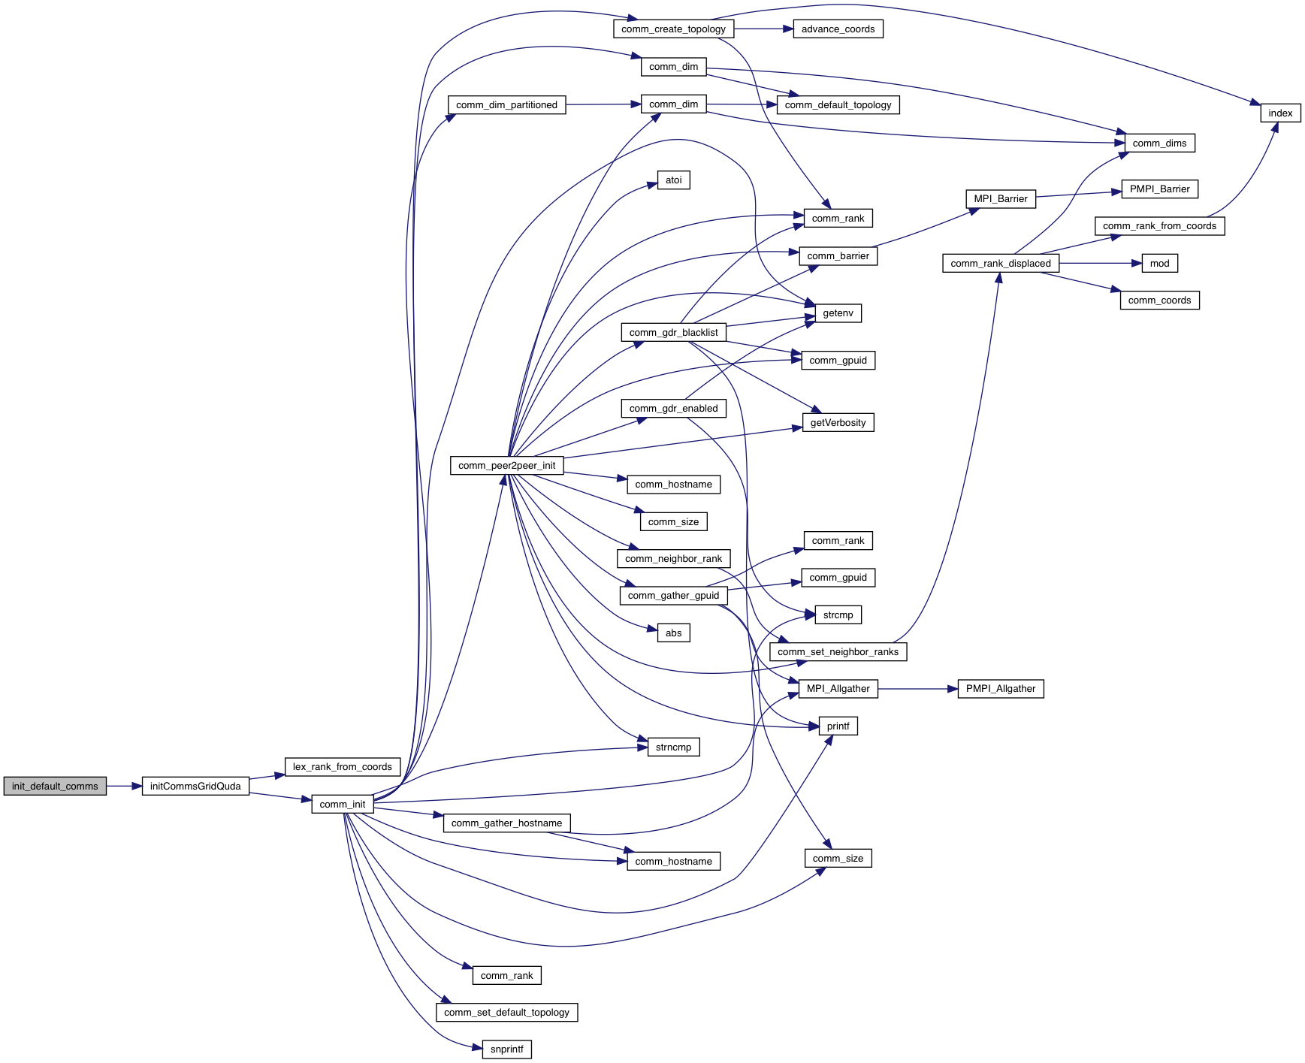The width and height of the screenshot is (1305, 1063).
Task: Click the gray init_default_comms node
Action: coord(55,786)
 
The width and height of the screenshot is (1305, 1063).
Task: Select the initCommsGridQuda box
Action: coord(195,786)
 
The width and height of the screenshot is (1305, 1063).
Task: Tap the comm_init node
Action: coord(342,804)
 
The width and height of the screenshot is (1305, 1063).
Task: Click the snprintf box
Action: coord(506,1049)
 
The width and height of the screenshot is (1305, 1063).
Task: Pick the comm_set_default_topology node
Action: coord(506,1012)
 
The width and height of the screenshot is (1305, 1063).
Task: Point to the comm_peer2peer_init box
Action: coord(506,465)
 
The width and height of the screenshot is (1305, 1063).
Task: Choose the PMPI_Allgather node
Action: coord(1000,688)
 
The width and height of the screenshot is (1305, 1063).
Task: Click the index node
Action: coord(1280,113)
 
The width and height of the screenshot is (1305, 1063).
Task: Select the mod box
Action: coord(1159,263)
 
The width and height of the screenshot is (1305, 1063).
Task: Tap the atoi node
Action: coord(673,180)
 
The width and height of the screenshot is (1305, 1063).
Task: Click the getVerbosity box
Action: coord(838,422)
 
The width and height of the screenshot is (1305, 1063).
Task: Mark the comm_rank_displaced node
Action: coord(1000,263)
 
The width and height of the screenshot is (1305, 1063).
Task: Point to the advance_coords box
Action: coord(838,29)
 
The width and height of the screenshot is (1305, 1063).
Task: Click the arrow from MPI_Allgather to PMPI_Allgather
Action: coord(917,688)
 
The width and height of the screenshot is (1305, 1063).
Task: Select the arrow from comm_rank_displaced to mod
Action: coord(1100,263)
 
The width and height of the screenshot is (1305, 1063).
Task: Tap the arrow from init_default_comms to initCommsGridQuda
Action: coord(124,786)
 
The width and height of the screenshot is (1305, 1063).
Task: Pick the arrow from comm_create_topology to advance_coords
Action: coord(763,29)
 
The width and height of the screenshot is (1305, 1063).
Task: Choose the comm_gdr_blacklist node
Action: coord(673,332)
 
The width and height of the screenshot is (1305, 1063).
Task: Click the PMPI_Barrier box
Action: coord(1159,189)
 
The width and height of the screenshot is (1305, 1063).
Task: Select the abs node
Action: coord(673,633)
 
